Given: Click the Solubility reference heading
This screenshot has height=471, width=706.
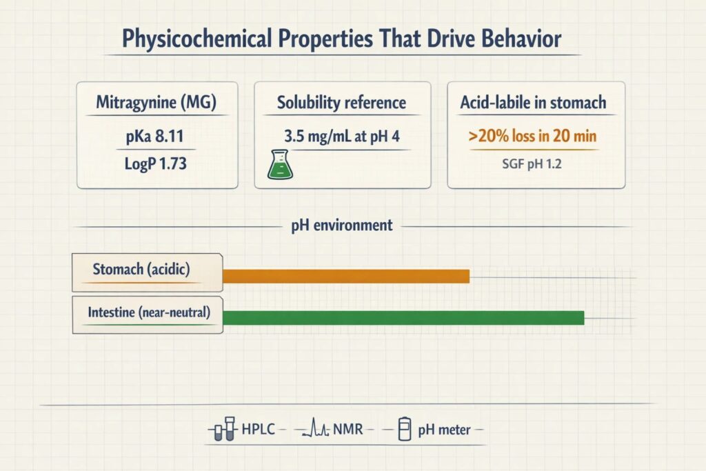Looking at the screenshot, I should [x=341, y=103].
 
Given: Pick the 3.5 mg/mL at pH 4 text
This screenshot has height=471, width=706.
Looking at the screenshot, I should [x=341, y=136].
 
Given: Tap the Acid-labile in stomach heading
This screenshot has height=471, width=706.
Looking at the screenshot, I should [x=533, y=103].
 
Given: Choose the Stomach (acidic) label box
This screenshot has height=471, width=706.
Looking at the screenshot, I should [x=148, y=270].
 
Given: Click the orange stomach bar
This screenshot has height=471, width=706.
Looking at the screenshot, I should [x=345, y=276].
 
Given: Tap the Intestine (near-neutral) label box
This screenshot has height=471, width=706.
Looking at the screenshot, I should [x=148, y=314].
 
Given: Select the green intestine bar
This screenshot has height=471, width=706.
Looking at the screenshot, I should [x=403, y=318].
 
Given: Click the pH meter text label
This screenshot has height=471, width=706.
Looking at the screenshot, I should [x=444, y=430].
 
